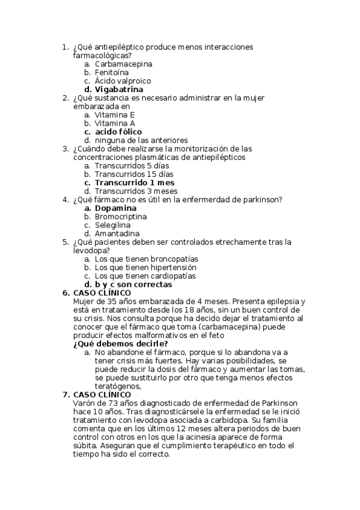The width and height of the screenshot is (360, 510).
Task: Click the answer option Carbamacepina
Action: pos(123,64)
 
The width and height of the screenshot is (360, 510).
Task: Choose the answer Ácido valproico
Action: pos(123,81)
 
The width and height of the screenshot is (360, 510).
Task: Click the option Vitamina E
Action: pos(115,115)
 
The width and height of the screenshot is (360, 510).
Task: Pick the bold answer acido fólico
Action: pos(118,132)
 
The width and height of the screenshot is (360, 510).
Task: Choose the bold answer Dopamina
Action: pos(116,208)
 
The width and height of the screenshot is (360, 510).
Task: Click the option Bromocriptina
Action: pos(121,217)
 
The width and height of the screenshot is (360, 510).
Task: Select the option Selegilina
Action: pos(112,225)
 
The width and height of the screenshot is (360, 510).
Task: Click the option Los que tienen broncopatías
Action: pos(147,259)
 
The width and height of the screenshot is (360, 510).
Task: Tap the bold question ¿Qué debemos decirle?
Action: pos(120,343)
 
